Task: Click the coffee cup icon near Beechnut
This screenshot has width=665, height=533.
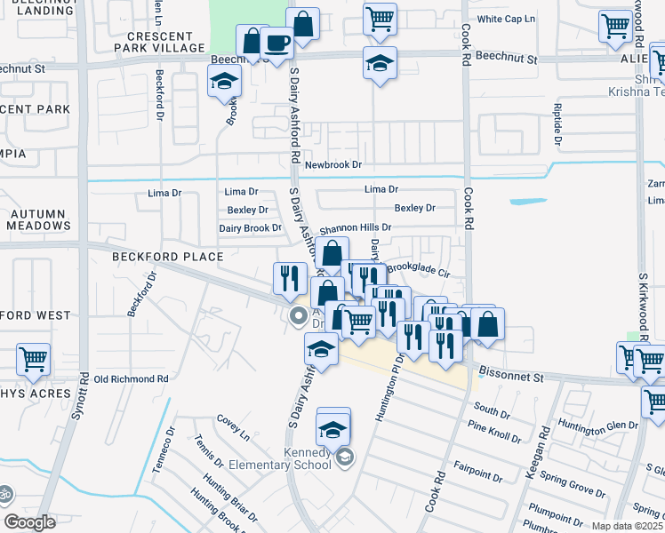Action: (x=277, y=44)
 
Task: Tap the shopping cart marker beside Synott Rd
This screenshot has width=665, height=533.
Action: (x=33, y=360)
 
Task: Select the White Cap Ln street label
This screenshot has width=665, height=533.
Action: (x=507, y=19)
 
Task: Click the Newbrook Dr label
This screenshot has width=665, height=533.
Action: (x=333, y=165)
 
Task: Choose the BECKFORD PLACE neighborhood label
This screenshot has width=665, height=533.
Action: (x=167, y=257)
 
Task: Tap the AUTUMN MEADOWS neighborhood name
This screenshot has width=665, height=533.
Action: (x=39, y=220)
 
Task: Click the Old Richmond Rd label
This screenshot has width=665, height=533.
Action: (x=131, y=378)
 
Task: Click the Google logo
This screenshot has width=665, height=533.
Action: (x=29, y=522)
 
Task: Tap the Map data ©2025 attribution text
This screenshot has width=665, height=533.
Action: (x=627, y=526)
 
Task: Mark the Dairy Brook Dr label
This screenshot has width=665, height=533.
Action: (x=250, y=228)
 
